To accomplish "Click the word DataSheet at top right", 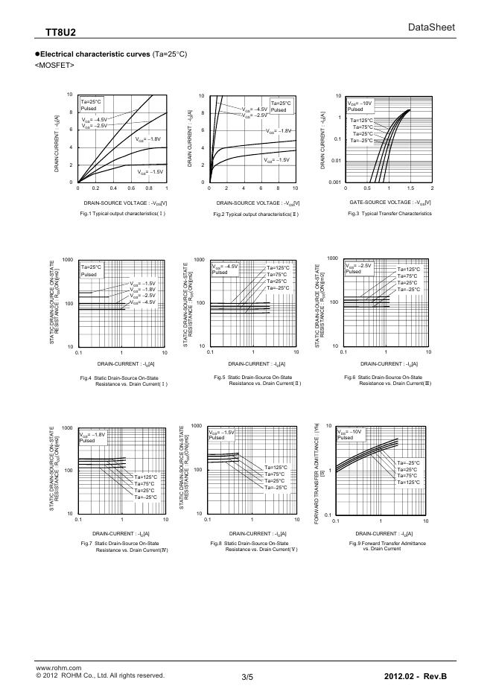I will [x=431, y=28].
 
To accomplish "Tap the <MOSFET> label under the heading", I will [x=54, y=65].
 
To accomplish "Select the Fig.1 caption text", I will [x=122, y=213].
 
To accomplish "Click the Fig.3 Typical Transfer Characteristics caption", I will [x=389, y=213].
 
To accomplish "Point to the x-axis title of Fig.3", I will [x=389, y=203].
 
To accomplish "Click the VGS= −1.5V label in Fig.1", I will [x=150, y=172].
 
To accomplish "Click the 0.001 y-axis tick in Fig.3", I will [x=334, y=182].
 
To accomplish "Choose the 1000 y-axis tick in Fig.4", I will [x=67, y=260].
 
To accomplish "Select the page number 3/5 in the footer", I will [x=247, y=676].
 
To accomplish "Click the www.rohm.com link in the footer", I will [x=58, y=669].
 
